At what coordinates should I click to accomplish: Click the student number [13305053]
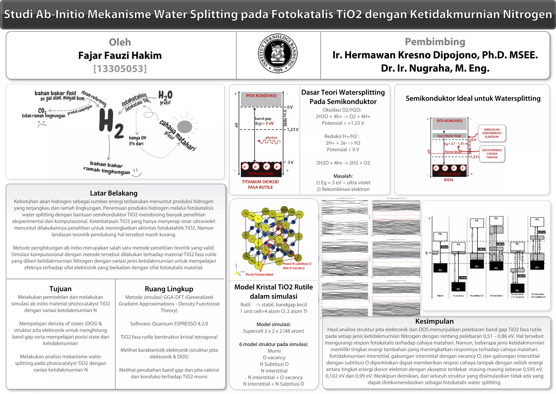pos(120,69)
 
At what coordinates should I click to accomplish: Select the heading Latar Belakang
pos(113,193)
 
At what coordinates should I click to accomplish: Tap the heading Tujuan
pos(60,289)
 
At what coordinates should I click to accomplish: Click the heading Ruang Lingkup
pos(169,289)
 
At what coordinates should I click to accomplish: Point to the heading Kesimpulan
pos(434,321)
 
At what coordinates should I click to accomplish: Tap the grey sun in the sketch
pos(185,127)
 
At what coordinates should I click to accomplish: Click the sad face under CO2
pos(42,124)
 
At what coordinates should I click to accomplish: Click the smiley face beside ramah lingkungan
pos(136,172)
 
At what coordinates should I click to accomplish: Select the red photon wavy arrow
pos(269,141)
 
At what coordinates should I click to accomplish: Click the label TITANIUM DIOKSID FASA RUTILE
pos(260,185)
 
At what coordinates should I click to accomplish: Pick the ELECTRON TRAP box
pos(449,136)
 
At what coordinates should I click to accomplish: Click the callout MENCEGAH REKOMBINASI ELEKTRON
pos(492,133)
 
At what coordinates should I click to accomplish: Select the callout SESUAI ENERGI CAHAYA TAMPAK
pos(492,154)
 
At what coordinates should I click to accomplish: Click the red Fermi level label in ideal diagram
pos(453,152)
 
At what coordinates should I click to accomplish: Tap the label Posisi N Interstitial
pos(259,275)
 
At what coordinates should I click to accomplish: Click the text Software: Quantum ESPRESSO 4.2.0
pos(169,324)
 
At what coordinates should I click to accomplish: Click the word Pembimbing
pos(435,42)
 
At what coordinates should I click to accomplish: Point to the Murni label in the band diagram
pos(440,296)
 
